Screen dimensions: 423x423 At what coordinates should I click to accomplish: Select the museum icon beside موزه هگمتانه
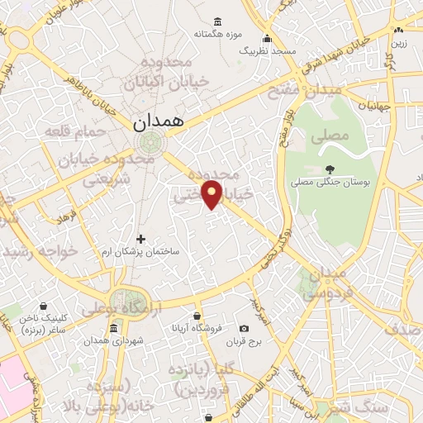(x=217, y=21)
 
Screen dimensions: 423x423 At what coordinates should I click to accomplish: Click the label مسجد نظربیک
(x=267, y=51)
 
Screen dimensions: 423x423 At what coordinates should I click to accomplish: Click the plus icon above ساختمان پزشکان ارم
(x=140, y=239)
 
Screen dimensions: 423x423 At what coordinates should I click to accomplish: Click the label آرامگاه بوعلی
(x=130, y=307)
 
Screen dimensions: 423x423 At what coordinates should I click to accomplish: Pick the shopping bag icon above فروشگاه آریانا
(x=197, y=316)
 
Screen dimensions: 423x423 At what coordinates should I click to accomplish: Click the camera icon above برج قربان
(x=243, y=329)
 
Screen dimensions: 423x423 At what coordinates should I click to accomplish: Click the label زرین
(x=398, y=41)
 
